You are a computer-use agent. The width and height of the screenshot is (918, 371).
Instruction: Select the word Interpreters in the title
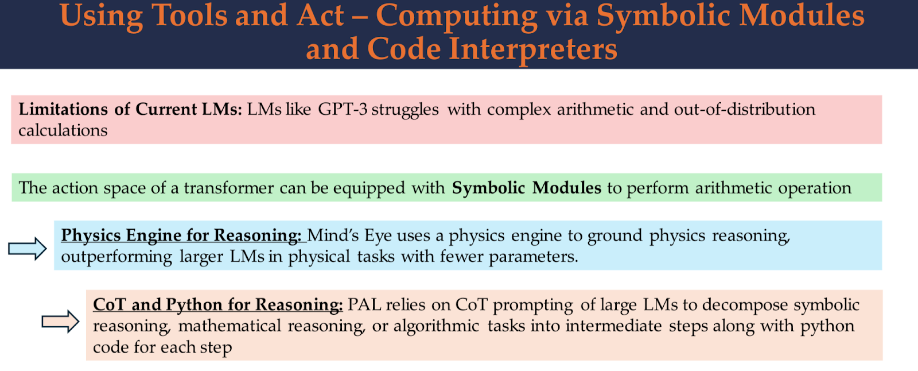[533, 50]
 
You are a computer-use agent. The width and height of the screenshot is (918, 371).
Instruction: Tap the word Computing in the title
[457, 17]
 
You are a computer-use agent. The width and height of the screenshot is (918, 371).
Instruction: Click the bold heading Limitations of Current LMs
[130, 109]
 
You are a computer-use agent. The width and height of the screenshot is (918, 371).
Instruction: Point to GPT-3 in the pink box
[343, 109]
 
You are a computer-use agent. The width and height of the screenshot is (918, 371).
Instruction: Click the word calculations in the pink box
[63, 130]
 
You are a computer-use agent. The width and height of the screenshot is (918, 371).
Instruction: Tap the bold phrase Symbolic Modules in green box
[527, 188]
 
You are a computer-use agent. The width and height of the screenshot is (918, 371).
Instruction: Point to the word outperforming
[117, 257]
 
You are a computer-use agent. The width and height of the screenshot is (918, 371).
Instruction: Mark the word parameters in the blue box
[533, 257]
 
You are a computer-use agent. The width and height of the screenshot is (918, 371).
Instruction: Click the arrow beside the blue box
[28, 248]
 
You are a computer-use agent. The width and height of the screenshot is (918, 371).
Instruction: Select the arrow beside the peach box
[60, 322]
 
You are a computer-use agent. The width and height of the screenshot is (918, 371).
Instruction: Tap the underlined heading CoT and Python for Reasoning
[218, 305]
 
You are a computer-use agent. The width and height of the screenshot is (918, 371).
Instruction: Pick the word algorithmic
[436, 326]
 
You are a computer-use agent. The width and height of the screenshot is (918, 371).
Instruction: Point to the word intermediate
[613, 326]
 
